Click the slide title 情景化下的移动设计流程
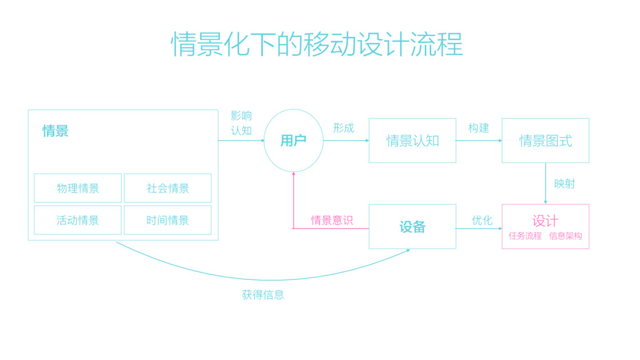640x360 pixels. coord(317,44)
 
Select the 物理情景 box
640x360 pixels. coord(77,188)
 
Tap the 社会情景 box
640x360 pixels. coord(167,188)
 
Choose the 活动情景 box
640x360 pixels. coord(77,220)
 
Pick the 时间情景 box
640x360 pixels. coord(167,220)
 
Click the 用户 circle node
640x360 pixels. coord(293,141)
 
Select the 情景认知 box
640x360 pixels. coord(412,141)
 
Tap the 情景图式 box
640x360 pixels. coord(545,141)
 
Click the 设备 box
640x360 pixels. coord(412,226)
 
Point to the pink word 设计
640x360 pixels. coord(545,221)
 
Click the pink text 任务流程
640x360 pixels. coord(525,236)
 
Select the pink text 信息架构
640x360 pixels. coord(566,236)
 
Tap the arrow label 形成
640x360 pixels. coord(343,128)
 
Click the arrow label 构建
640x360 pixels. coord(479,128)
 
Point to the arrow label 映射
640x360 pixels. coord(564,184)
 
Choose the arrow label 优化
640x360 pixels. coord(482,220)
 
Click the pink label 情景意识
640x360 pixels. coord(332,220)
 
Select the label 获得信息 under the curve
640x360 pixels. coord(263,294)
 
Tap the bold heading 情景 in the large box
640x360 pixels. coord(56,131)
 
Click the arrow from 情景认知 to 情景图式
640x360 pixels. coord(479,141)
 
